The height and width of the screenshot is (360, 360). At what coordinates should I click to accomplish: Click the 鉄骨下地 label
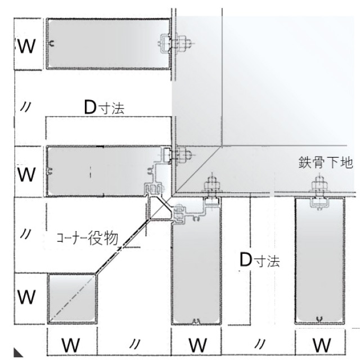(x=326, y=163)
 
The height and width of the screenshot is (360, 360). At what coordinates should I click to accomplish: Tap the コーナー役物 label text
(x=88, y=238)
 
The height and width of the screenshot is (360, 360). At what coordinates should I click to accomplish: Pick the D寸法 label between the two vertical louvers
(x=260, y=260)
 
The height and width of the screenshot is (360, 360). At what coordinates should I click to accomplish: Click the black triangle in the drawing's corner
(x=18, y=353)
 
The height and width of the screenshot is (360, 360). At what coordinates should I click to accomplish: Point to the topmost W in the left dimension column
(x=26, y=46)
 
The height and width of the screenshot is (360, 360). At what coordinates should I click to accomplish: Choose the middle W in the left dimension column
(x=26, y=174)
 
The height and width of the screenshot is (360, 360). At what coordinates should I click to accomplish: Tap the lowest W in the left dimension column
(x=26, y=297)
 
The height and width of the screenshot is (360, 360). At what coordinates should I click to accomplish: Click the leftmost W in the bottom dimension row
(x=71, y=345)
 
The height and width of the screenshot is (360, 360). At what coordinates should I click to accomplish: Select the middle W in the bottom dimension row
(x=197, y=345)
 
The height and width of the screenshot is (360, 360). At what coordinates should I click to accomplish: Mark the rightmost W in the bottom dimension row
(x=322, y=345)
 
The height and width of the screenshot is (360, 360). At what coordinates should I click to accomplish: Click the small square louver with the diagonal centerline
(x=73, y=299)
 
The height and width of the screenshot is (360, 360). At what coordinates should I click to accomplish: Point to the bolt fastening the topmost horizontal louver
(x=181, y=43)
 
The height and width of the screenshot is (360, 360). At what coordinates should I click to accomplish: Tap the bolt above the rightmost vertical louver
(x=319, y=185)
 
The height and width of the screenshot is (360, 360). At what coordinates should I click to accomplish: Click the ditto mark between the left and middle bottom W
(x=134, y=344)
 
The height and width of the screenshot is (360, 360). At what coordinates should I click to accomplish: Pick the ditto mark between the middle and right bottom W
(x=259, y=344)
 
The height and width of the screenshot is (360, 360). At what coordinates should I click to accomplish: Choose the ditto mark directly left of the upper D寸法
(x=25, y=107)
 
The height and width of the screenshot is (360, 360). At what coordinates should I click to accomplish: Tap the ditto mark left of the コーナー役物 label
(x=25, y=234)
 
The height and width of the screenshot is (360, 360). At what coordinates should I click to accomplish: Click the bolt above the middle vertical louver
(x=213, y=185)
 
